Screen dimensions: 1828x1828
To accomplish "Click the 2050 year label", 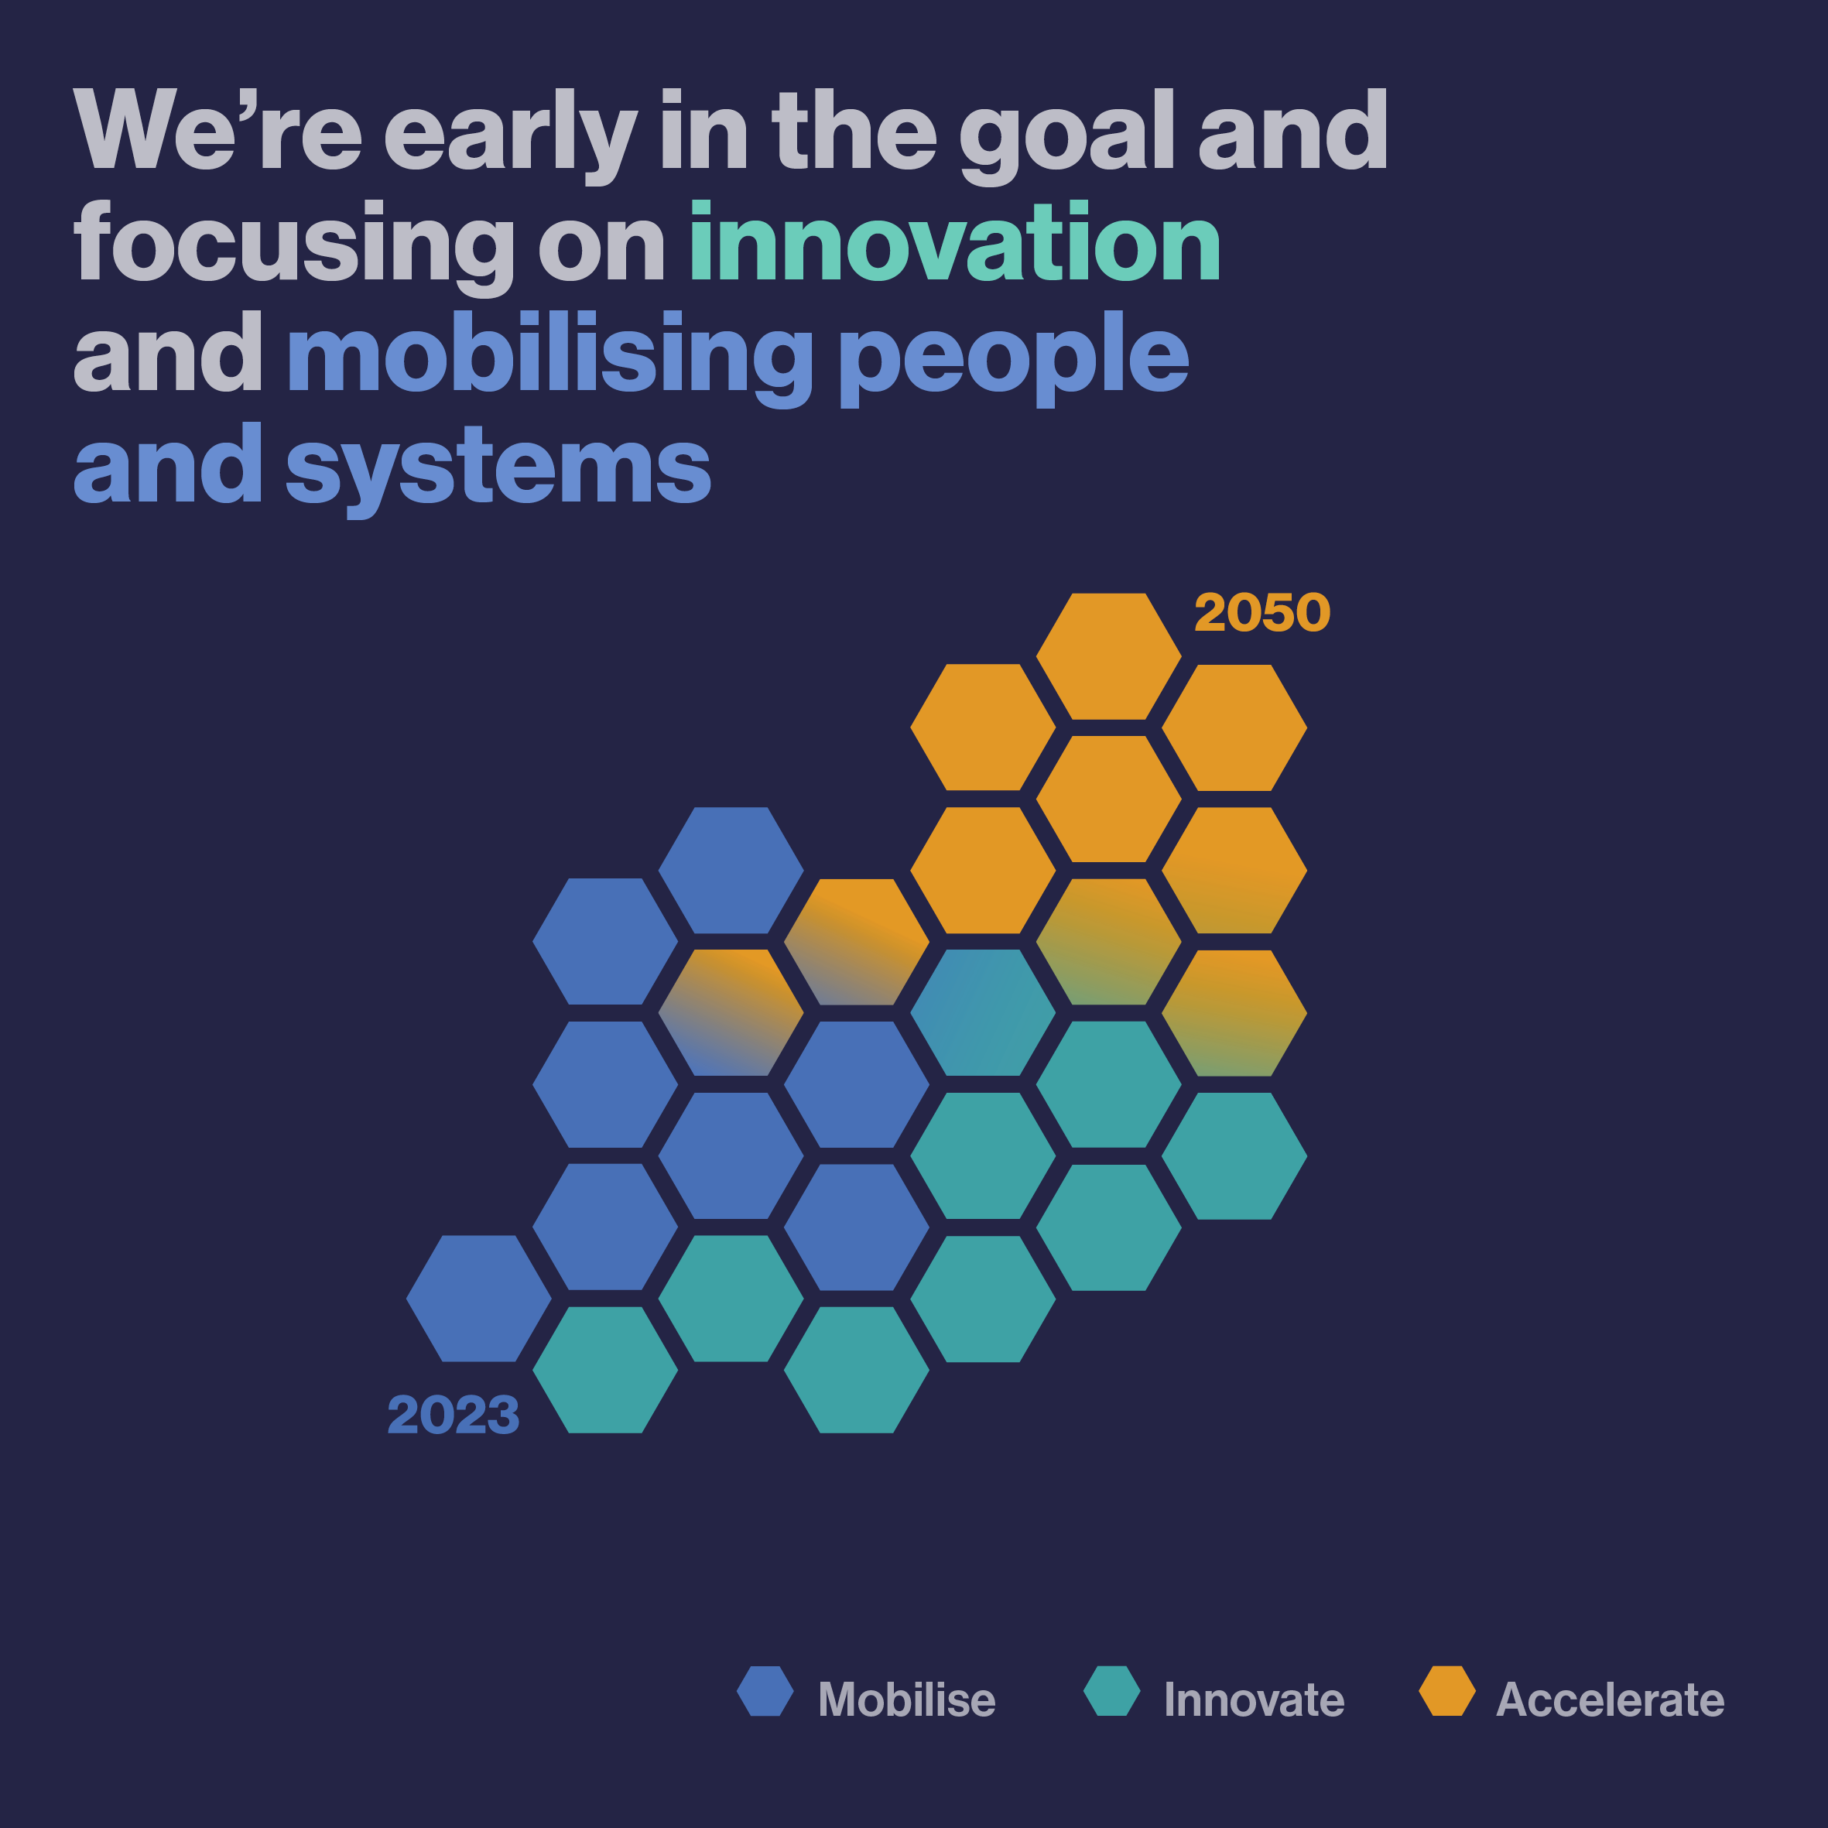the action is [x=1262, y=612].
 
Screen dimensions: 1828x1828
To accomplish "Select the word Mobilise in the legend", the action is [x=906, y=1700].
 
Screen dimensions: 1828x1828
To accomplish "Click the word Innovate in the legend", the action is [x=1254, y=1700].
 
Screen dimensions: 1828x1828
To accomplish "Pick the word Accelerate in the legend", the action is [x=1611, y=1700].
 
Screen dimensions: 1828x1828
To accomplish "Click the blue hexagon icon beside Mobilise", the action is [x=765, y=1691].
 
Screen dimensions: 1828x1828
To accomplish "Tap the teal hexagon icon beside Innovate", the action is [x=1112, y=1691].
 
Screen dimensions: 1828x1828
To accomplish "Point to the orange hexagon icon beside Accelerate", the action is [x=1448, y=1691].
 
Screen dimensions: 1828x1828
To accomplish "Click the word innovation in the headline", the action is [x=955, y=241].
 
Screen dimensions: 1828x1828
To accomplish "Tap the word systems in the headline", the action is [x=498, y=469].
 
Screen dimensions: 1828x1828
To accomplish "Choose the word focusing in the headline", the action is [x=294, y=248].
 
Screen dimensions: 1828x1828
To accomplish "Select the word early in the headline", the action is [x=511, y=136].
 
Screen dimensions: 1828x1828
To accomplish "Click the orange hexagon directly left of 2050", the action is [x=1109, y=656].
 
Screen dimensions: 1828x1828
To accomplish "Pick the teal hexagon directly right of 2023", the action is [x=605, y=1370].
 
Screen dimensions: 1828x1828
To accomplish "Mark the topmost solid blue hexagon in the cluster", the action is [x=731, y=871].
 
